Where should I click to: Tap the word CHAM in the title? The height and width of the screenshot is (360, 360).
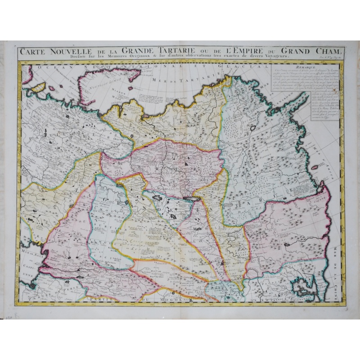tap(324, 50)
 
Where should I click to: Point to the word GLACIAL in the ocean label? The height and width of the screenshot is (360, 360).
tap(243, 67)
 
